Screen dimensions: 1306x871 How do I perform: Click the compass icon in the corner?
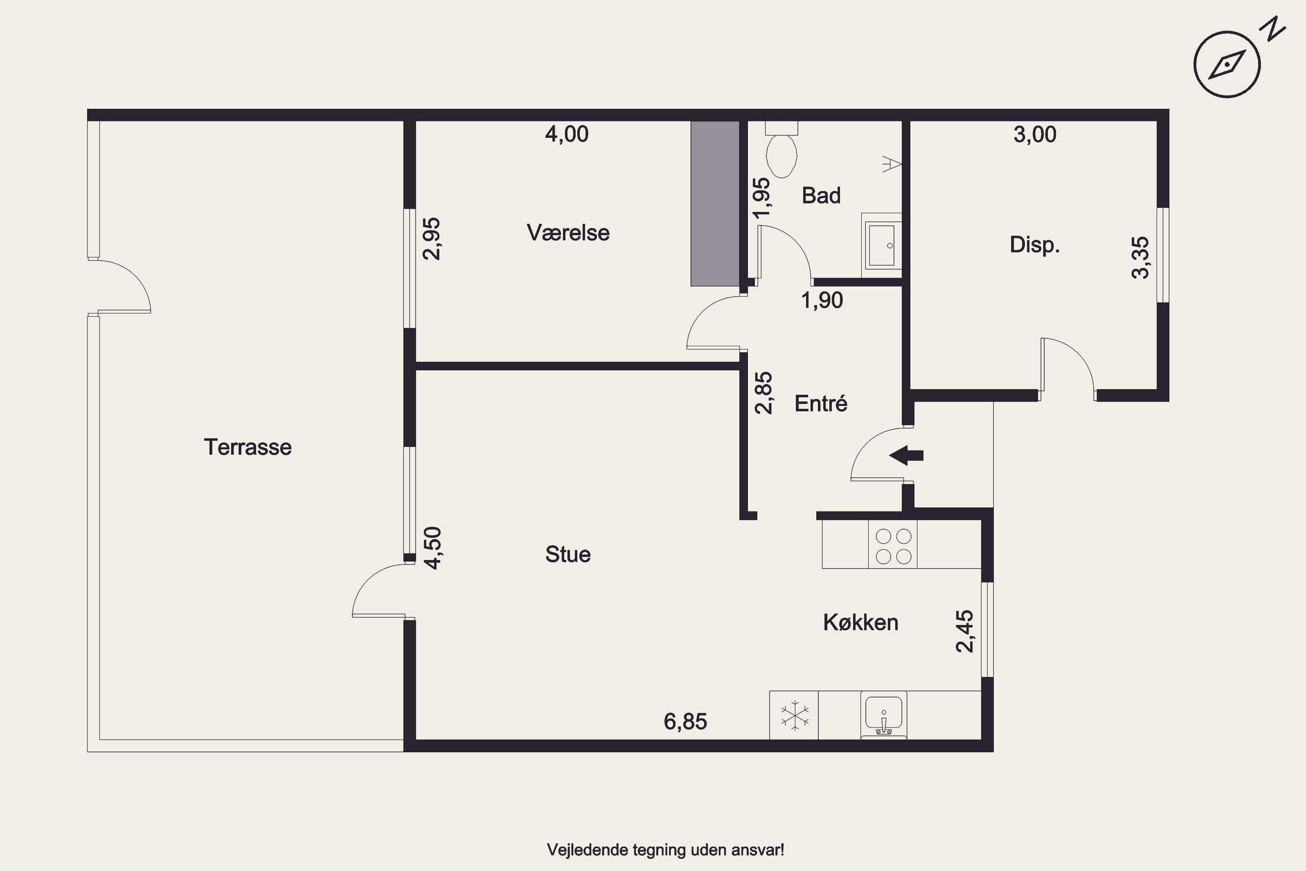click(x=1227, y=65)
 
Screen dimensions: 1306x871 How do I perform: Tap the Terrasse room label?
click(x=248, y=447)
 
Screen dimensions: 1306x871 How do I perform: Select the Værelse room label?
click(x=568, y=233)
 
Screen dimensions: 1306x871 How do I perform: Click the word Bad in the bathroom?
click(x=821, y=196)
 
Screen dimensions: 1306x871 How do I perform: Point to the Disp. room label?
click(x=1034, y=245)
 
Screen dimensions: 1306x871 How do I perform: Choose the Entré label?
click(x=821, y=403)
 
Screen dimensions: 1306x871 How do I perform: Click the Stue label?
click(x=568, y=554)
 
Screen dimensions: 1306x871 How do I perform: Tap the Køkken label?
click(x=861, y=623)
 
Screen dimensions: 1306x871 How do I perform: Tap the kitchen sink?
click(x=883, y=715)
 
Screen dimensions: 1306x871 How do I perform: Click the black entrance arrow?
click(x=906, y=456)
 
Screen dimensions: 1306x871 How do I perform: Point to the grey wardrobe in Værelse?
click(x=715, y=204)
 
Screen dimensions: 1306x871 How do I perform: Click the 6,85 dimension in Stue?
click(x=686, y=722)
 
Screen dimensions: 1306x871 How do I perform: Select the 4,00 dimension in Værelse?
click(x=567, y=135)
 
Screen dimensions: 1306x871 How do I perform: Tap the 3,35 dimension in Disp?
click(x=1141, y=257)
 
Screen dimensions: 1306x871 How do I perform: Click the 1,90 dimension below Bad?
click(x=822, y=300)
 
